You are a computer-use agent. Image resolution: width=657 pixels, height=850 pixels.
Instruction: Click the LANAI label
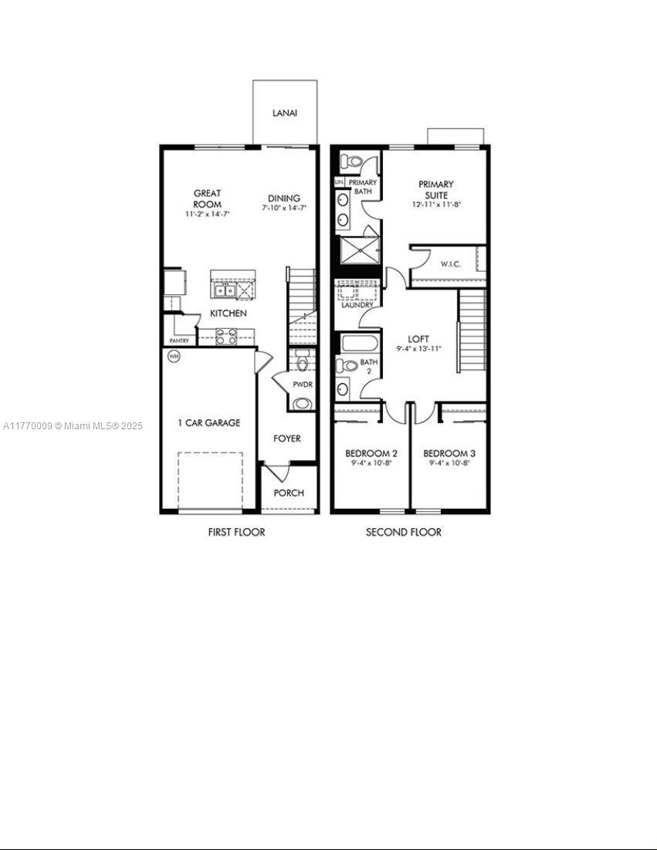(285, 113)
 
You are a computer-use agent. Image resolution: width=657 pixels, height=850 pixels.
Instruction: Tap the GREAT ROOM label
(208, 198)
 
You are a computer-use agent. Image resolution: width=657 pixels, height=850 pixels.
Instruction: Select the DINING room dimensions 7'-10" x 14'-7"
(284, 208)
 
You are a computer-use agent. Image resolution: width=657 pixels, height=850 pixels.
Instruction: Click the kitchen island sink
(225, 290)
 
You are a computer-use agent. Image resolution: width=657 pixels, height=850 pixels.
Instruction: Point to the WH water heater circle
(174, 357)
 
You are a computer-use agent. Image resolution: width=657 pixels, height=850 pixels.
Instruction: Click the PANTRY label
(179, 340)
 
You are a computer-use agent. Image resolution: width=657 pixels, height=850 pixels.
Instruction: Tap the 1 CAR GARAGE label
(208, 423)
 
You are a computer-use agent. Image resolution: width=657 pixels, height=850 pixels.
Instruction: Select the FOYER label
(287, 439)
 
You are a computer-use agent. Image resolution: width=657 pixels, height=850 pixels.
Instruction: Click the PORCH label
(290, 493)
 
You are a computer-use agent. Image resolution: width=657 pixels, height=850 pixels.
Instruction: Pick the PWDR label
(301, 384)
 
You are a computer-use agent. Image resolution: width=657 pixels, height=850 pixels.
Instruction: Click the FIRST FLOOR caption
(236, 532)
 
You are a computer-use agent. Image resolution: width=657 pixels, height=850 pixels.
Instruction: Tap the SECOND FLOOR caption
(404, 532)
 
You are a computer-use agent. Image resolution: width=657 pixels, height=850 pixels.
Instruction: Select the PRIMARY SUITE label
(436, 190)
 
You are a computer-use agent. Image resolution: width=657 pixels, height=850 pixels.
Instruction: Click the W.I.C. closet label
(451, 264)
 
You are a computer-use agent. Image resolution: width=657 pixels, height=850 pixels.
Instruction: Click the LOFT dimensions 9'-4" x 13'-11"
(418, 349)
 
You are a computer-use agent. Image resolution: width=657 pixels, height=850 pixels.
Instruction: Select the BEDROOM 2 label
(371, 453)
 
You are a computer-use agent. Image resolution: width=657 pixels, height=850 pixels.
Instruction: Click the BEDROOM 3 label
(449, 453)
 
